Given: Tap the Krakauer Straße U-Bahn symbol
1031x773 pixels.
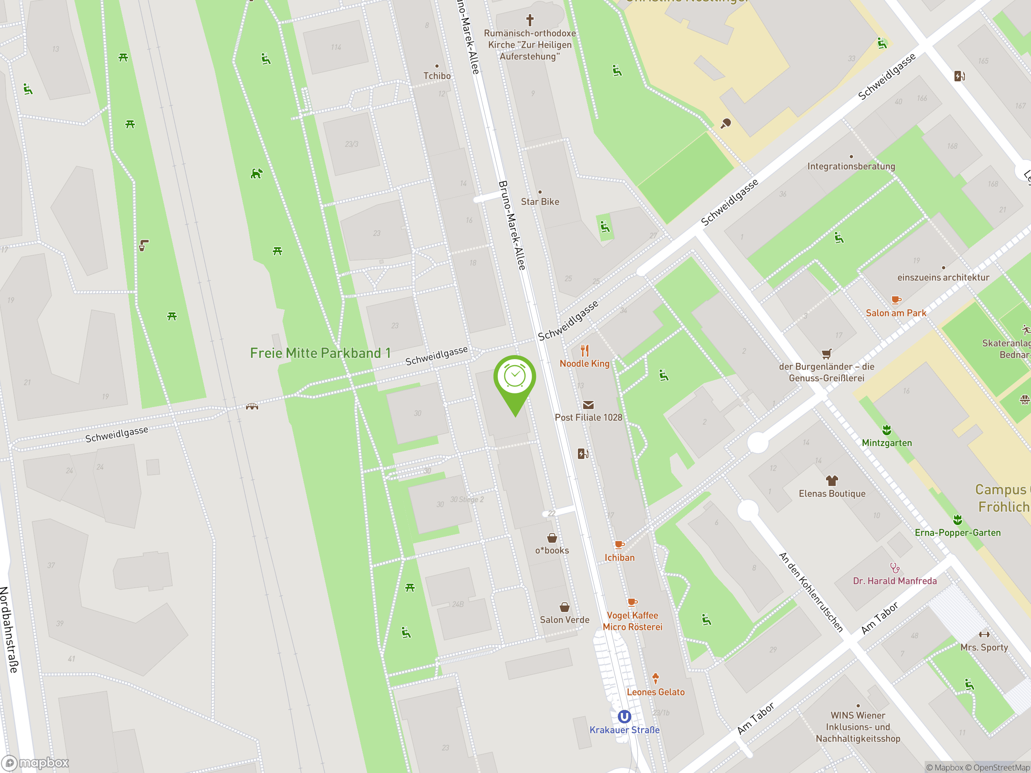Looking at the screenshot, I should pos(624,717).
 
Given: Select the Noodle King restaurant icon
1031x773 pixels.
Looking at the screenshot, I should pos(585,350).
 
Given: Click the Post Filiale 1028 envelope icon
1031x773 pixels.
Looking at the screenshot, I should pos(588,405).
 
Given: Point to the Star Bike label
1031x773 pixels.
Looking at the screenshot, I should pos(540,202).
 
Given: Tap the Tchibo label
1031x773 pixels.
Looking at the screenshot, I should pos(437,75).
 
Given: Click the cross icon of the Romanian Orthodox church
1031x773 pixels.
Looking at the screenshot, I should pos(530,20).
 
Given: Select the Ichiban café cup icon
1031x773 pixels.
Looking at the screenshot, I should pos(619,544).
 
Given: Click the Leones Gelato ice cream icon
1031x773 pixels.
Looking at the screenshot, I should pos(655,678).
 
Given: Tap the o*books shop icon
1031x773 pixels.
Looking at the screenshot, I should pos(552,538).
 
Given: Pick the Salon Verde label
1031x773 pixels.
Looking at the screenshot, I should pos(565,620).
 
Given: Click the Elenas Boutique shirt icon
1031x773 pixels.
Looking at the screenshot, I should pos(832,480).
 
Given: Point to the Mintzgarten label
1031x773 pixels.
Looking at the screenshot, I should pos(886,442).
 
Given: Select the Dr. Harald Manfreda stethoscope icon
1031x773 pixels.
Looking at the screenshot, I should pos(894,568).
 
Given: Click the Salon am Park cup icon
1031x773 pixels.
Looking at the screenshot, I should pos(895,300).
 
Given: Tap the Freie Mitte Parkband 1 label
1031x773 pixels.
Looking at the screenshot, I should pos(320,353).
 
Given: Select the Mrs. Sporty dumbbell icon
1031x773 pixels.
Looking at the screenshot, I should pos(984,634).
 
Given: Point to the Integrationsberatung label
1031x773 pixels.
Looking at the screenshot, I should pos(851,166).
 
